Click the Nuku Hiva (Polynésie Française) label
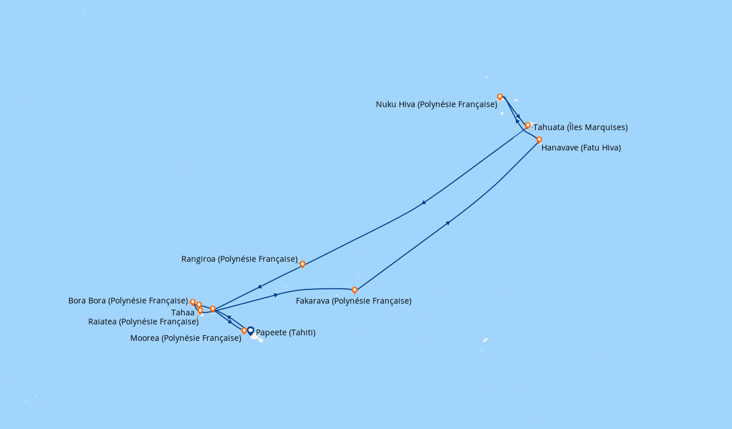[436, 104]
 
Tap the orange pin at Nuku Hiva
[500, 97]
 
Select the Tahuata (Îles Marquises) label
[580, 127]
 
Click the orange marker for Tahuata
[527, 126]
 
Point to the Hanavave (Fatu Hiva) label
[581, 148]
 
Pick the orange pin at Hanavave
[539, 140]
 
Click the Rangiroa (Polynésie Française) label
[240, 259]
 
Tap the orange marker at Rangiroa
[303, 264]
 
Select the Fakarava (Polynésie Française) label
[353, 301]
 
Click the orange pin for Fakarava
[355, 290]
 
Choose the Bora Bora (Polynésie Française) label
[128, 300]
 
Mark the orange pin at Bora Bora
[193, 303]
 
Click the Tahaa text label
[182, 312]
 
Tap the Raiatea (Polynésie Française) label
[144, 321]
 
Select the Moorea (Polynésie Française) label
[186, 338]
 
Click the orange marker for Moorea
[244, 331]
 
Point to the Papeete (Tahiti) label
[285, 332]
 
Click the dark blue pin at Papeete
[250, 331]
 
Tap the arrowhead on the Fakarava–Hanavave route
[448, 223]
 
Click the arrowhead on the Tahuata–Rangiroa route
[424, 202]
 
